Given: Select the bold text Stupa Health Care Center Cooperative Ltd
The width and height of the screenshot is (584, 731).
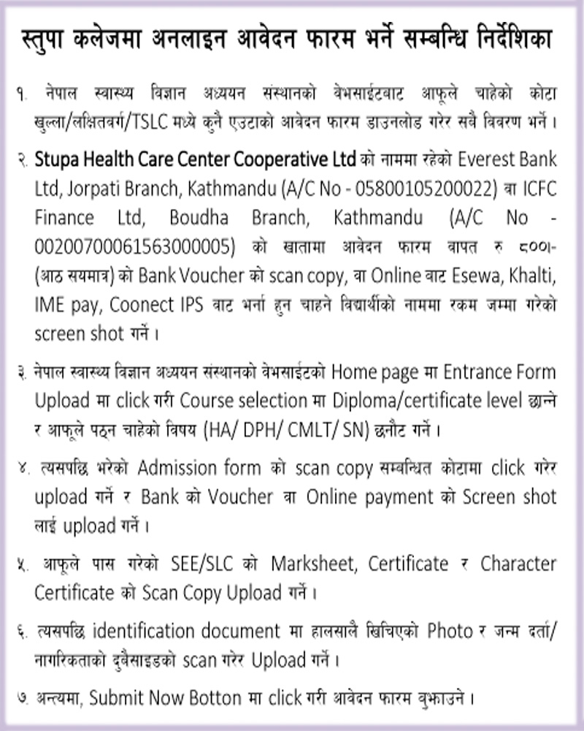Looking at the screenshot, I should click(196, 159).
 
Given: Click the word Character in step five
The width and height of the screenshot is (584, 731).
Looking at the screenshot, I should click(518, 564).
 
